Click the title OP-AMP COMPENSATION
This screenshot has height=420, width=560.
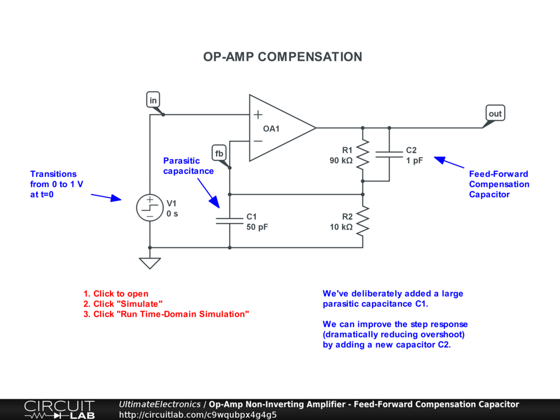pos(282,57)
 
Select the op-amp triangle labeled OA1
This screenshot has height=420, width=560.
pos(279,128)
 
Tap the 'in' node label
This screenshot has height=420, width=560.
pos(153,100)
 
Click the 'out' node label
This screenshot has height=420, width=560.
pos(495,114)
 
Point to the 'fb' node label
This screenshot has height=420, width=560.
pos(219,154)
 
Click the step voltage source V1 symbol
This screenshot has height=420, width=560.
pos(150,208)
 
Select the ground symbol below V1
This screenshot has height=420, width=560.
pos(150,263)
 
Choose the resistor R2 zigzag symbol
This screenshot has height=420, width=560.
pos(363,221)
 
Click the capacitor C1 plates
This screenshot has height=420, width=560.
pos(230,220)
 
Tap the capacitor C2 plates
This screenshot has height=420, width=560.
pos(389,155)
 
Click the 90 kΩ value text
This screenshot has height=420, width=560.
pos(341,161)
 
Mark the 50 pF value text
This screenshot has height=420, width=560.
pos(257,226)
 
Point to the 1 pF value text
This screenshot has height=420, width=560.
pos(414,161)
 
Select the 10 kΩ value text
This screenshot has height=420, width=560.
pos(341,226)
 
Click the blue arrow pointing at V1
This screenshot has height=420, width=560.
pos(106,197)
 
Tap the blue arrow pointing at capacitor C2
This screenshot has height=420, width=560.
pos(449,162)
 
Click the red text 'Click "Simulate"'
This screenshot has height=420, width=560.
pos(123,304)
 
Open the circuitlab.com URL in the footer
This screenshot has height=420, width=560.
pos(197,415)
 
